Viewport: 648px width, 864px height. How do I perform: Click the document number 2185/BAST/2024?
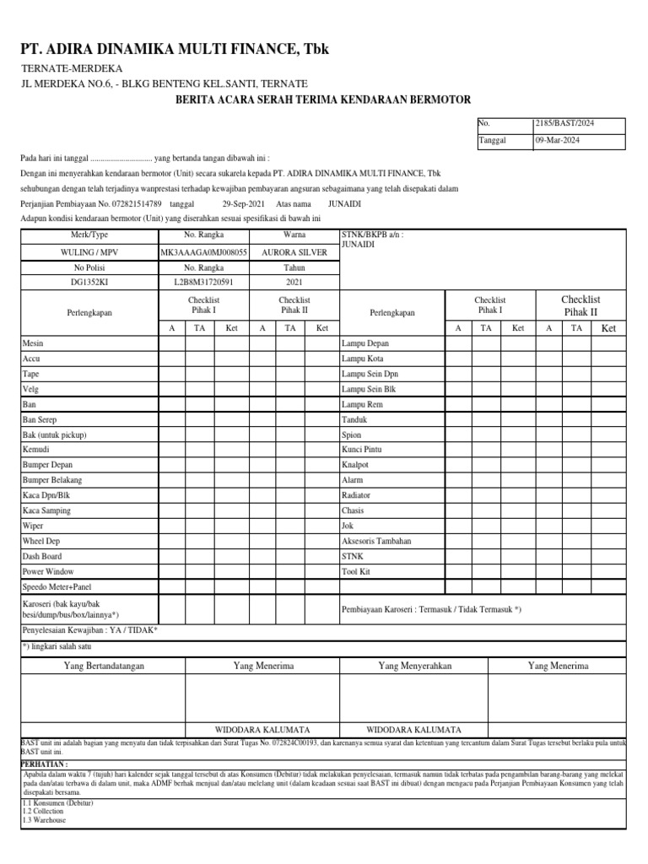[564, 123]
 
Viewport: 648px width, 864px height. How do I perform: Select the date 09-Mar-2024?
[559, 141]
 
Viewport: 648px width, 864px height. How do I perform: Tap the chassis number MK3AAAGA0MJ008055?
[203, 251]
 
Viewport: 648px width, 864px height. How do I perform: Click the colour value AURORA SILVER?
[294, 251]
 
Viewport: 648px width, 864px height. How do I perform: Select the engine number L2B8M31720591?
[203, 283]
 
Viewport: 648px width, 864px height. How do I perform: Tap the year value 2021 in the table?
[294, 283]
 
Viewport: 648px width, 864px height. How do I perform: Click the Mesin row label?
[33, 343]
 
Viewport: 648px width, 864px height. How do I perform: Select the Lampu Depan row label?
[365, 343]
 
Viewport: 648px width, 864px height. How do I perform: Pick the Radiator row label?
[356, 495]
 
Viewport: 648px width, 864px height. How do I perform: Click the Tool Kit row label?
[355, 571]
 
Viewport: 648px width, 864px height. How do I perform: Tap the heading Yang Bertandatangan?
[105, 666]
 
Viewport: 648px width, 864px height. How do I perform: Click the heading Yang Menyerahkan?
[415, 666]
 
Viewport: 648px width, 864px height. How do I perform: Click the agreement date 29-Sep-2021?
[244, 204]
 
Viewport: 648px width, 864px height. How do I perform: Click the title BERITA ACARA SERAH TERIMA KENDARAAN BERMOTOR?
[323, 100]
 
